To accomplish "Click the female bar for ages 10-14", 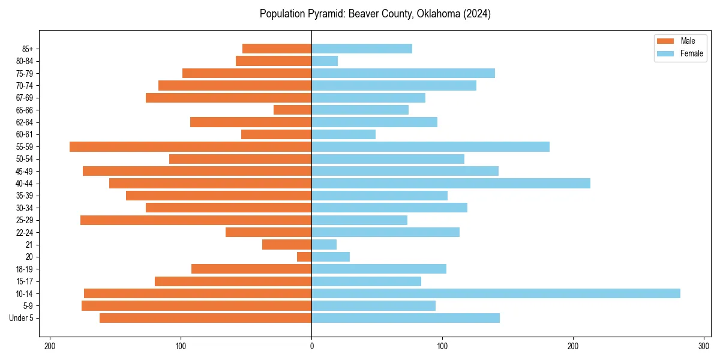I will click(496, 293).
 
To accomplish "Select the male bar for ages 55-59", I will click(190, 146).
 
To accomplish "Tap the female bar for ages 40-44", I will click(451, 183).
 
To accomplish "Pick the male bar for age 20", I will click(304, 257).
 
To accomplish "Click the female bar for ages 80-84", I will click(325, 61).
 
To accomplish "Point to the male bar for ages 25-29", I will click(196, 220).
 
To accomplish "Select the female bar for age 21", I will click(324, 244).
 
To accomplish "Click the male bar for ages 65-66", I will click(292, 110).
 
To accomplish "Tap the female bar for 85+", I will click(362, 49).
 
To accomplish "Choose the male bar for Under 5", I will click(205, 318).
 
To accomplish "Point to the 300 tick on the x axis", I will click(704, 346).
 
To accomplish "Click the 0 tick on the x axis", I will click(311, 346).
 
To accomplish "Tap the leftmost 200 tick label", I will click(50, 346).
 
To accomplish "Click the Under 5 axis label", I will click(21, 318).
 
